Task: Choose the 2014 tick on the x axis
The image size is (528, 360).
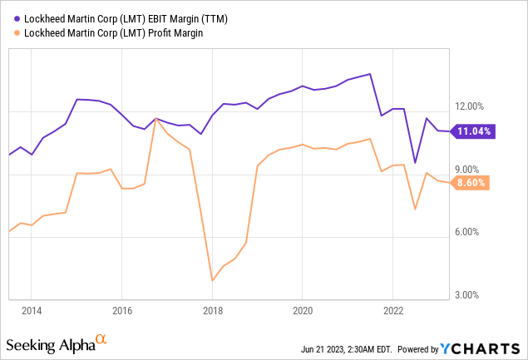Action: [x=31, y=310]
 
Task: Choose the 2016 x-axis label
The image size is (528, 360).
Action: [x=121, y=310]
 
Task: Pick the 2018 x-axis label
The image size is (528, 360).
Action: [x=212, y=310]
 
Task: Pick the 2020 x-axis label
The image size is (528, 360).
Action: [x=303, y=310]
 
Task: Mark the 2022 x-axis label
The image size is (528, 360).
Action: [x=393, y=310]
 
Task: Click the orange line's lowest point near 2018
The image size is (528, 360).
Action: [x=213, y=280]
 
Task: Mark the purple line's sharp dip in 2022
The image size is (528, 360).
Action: [x=415, y=162]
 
